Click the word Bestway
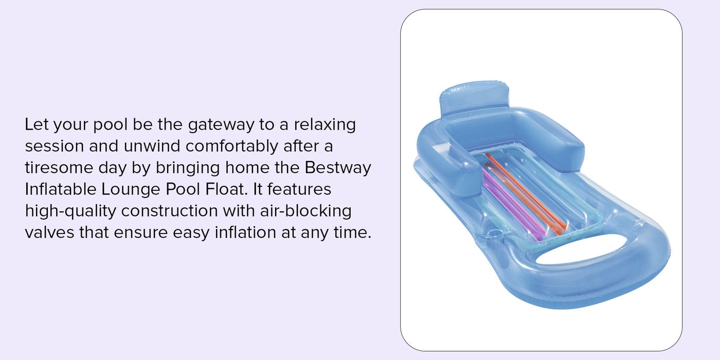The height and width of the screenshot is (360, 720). [x=338, y=168]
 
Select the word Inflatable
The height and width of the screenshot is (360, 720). [x=61, y=189]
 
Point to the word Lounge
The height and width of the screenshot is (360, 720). [x=131, y=190]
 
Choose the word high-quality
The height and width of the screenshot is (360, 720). [x=70, y=211]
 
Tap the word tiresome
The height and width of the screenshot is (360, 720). [x=59, y=168]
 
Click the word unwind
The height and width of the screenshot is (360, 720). [x=152, y=146]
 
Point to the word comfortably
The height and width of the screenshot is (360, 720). [x=231, y=147]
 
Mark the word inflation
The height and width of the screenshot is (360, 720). [x=245, y=232]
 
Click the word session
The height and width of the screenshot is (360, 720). [x=55, y=147]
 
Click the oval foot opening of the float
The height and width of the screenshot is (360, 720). [x=589, y=248]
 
